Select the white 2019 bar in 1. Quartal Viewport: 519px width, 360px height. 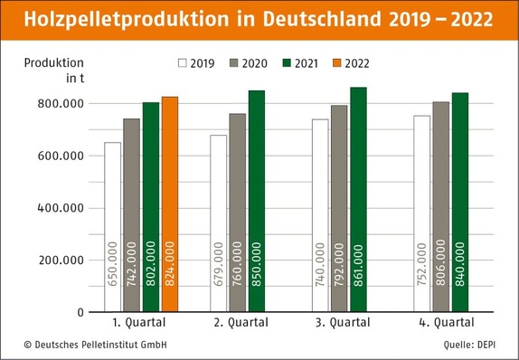112,227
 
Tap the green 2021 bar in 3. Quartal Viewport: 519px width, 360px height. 358,199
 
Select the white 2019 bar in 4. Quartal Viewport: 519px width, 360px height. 420,213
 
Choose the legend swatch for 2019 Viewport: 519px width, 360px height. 182,63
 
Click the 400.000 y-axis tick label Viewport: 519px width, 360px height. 62,208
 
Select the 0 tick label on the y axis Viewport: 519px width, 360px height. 80,313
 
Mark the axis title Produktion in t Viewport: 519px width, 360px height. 62,70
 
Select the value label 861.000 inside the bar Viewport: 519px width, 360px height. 359,263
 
